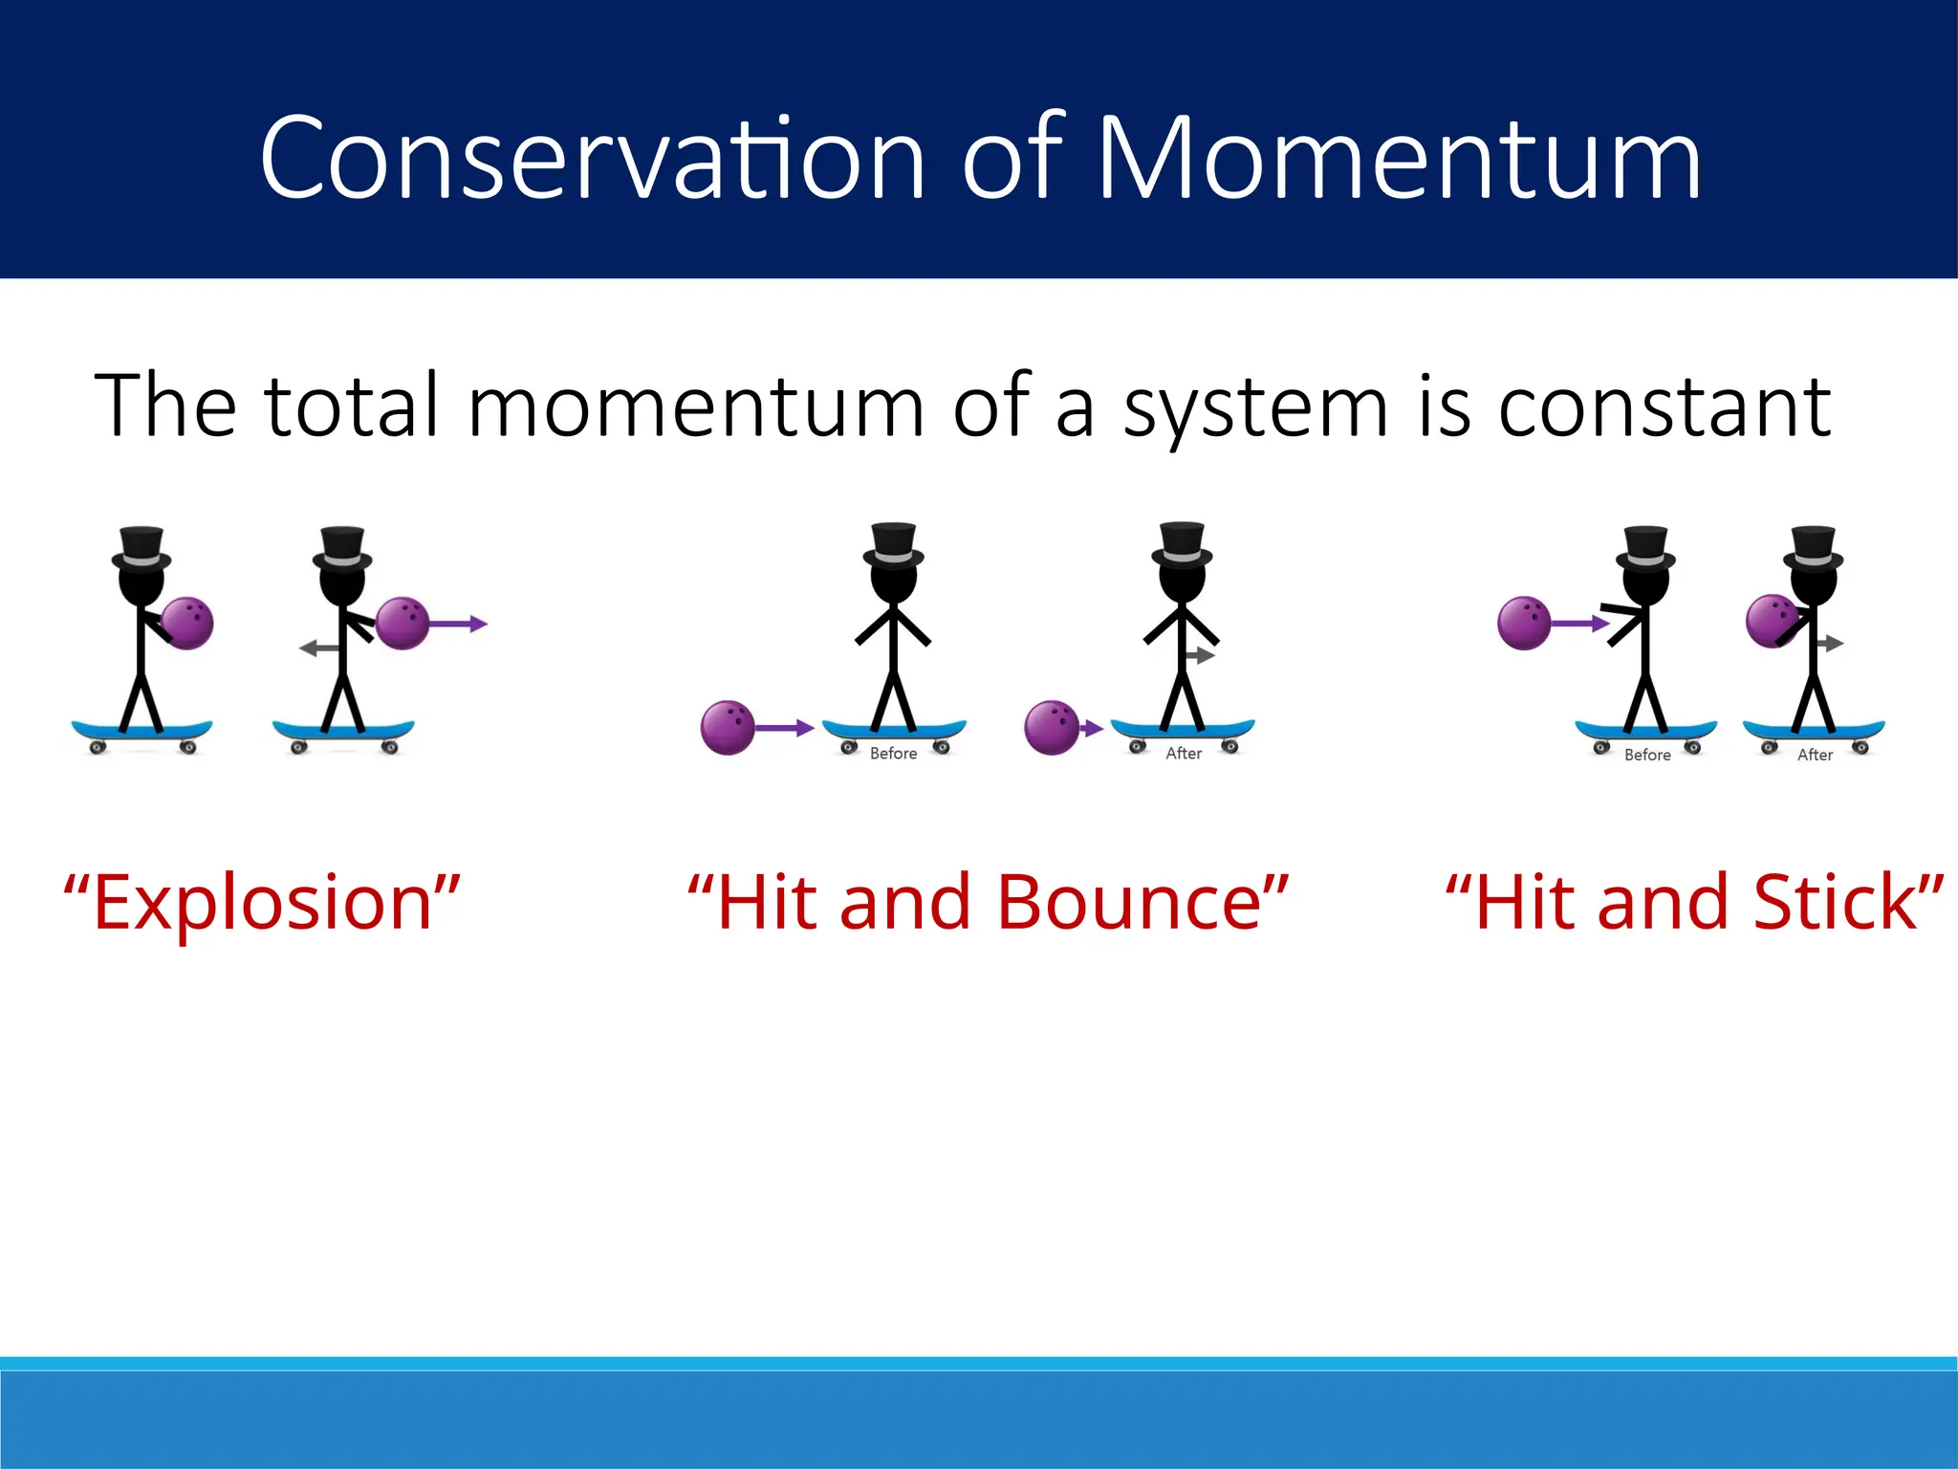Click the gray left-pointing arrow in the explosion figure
319,648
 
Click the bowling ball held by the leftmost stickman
187,624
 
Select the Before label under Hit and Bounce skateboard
893,754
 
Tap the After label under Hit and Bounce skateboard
1184,754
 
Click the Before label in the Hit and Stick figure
1647,755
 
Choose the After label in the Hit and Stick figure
1815,755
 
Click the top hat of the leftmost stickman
141,548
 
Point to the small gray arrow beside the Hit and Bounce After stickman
1201,656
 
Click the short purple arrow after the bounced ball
1092,729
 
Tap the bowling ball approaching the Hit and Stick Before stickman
1524,623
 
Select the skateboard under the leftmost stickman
141,733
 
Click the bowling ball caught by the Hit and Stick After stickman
1772,621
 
